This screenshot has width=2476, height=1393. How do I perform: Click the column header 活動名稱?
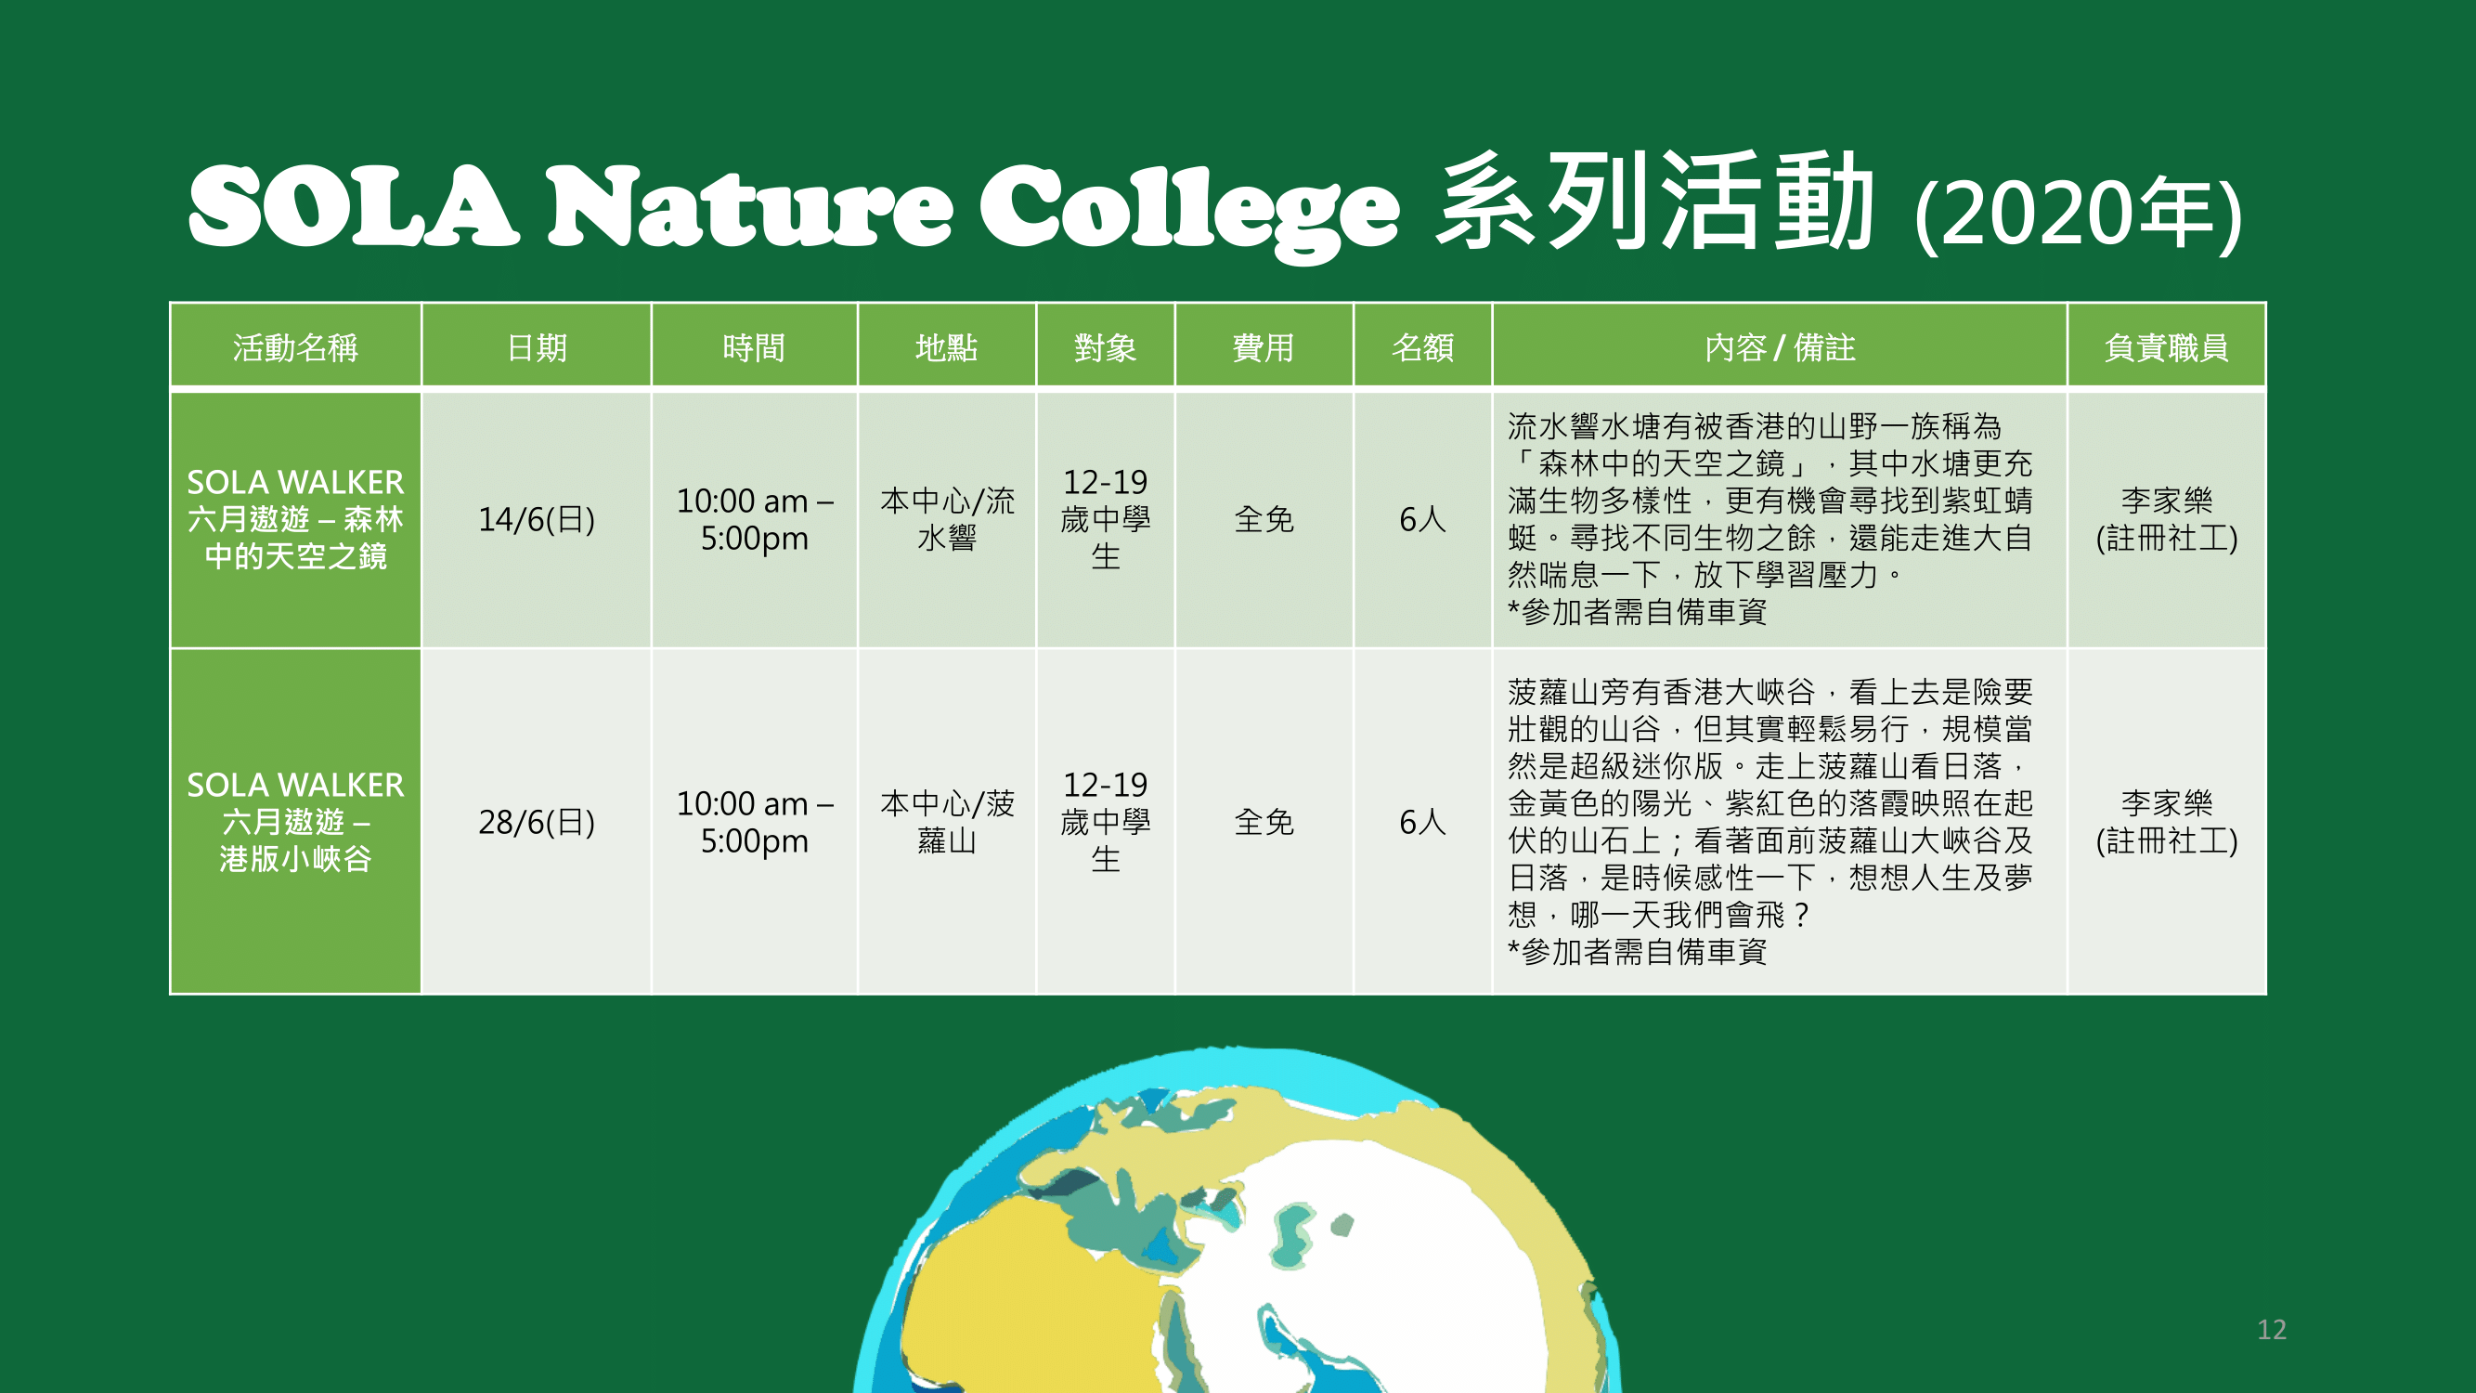(x=295, y=347)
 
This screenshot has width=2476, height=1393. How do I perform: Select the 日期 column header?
(x=537, y=347)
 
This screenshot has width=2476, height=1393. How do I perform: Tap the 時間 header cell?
(x=754, y=347)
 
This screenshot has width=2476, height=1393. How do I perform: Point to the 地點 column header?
(x=947, y=347)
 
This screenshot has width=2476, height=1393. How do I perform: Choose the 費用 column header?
(x=1263, y=347)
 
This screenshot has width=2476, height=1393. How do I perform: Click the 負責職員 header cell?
(x=2166, y=347)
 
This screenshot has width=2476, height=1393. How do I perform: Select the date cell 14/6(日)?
(x=537, y=519)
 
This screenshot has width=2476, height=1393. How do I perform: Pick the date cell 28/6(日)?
(x=537, y=822)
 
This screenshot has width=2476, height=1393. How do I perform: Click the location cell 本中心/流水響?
(x=947, y=519)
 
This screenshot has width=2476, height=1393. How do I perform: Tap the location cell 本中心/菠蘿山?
(x=947, y=822)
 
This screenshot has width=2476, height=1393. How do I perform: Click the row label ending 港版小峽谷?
(x=295, y=822)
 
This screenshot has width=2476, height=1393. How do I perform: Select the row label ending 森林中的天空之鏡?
(x=295, y=519)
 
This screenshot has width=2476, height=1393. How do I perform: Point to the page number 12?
(x=2271, y=1330)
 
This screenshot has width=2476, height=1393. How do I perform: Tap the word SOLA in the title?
(x=354, y=207)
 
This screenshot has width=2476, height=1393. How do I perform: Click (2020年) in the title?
(x=2078, y=214)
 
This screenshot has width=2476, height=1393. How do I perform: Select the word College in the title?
(x=1189, y=212)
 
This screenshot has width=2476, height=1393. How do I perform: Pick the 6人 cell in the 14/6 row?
(x=1422, y=519)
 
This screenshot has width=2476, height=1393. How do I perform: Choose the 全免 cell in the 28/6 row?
(x=1263, y=822)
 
